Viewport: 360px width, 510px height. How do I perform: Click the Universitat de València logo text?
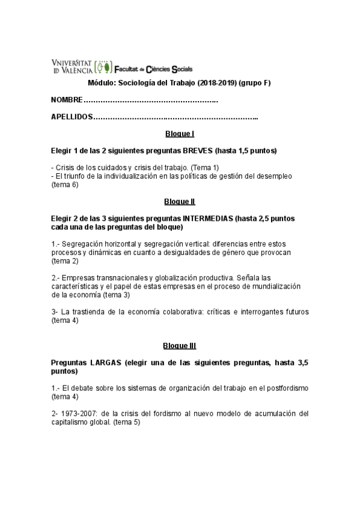pyautogui.click(x=73, y=66)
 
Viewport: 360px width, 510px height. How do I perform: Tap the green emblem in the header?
pyautogui.click(x=103, y=66)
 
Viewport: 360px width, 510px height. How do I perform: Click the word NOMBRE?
pyautogui.click(x=66, y=99)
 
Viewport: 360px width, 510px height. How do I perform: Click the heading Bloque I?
pyautogui.click(x=179, y=134)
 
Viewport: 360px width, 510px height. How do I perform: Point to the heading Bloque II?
pyautogui.click(x=179, y=201)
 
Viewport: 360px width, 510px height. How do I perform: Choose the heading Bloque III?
pyautogui.click(x=179, y=346)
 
